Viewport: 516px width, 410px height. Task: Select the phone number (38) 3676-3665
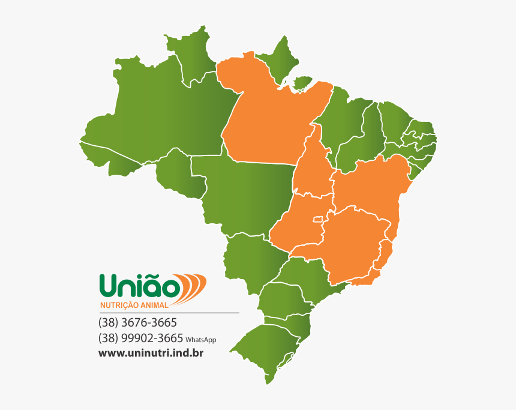137,322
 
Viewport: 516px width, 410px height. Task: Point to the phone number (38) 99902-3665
140,338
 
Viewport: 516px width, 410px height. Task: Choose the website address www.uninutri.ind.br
151,353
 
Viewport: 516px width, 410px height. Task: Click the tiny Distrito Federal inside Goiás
317,221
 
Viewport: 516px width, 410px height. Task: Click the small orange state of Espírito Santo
385,252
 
